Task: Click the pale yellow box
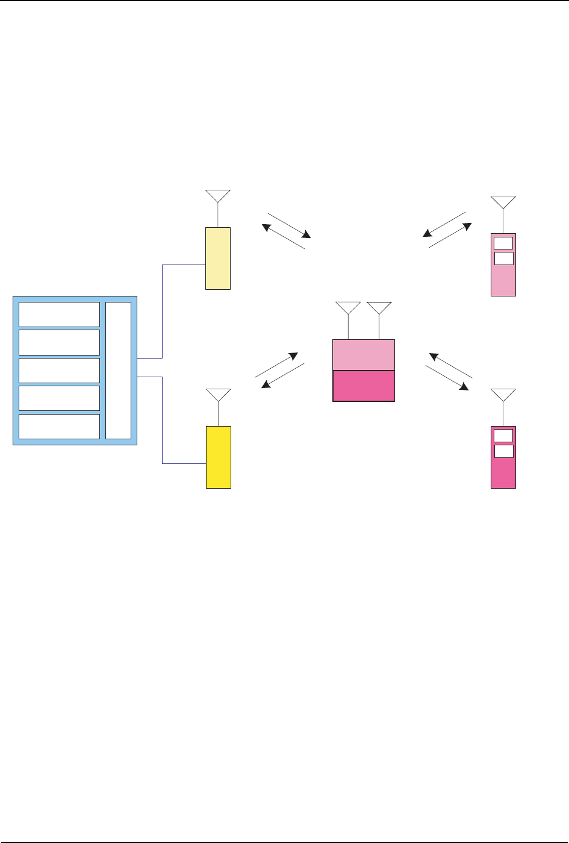[218, 258]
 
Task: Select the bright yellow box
[219, 457]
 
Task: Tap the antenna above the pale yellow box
[217, 196]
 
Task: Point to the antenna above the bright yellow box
[218, 395]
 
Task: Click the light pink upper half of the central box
[364, 355]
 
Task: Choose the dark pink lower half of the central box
[364, 386]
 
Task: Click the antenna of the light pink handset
[503, 202]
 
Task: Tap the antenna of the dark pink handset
[503, 395]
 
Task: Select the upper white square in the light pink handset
[503, 243]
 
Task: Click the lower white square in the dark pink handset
[503, 451]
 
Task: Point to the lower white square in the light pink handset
[503, 259]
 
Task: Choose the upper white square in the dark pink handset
[503, 436]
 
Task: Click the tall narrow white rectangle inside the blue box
[118, 371]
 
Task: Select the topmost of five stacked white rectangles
[59, 314]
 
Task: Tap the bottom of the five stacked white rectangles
[59, 426]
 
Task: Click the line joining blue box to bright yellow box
[163, 422]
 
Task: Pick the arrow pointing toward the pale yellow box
[284, 236]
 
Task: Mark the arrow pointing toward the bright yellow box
[282, 377]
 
